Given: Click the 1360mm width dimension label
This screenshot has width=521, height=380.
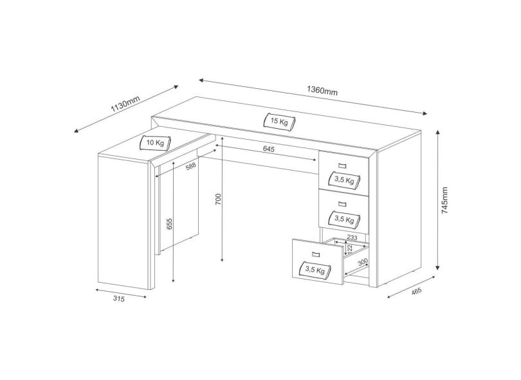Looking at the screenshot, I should tap(323, 91).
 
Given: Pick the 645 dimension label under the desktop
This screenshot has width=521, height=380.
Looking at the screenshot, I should tap(269, 150).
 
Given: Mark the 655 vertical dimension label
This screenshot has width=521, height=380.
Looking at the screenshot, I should tap(170, 223).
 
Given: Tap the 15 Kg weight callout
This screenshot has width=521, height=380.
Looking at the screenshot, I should tap(279, 120).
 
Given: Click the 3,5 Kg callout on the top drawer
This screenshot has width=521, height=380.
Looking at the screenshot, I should tap(342, 180).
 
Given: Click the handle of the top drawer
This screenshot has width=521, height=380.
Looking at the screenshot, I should tap(342, 166).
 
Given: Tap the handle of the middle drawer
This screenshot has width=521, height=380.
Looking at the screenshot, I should tap(342, 204).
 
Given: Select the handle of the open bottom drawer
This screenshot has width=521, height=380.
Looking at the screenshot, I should tap(313, 253).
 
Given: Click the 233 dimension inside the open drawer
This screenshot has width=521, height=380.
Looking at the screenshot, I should tap(352, 238).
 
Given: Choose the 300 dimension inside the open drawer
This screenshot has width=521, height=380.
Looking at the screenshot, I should tap(363, 261).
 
